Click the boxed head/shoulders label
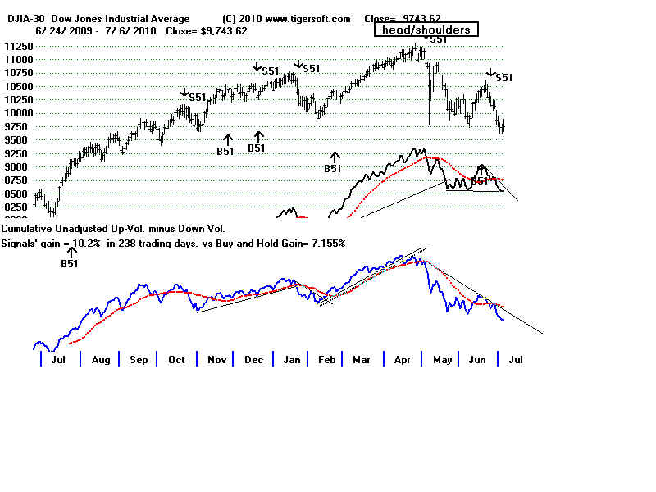426,30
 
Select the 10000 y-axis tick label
17,113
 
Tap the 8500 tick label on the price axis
17,194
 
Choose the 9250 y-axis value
17,153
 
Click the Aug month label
101,360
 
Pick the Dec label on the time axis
254,360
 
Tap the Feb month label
327,360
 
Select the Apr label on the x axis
401,360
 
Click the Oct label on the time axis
177,360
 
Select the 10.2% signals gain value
86,244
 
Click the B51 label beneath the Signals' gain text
70,264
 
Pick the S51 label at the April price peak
439,39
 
